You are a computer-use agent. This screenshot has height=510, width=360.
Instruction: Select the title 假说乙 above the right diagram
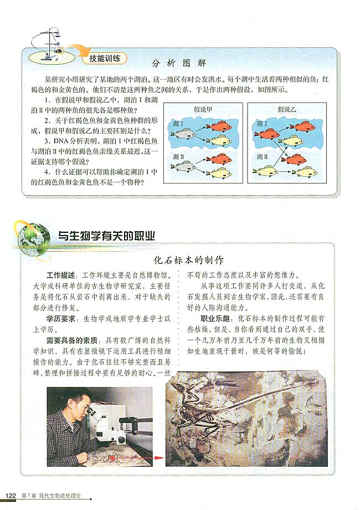point(287,110)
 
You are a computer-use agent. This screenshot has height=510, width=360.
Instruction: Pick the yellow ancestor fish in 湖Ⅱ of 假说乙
point(265,170)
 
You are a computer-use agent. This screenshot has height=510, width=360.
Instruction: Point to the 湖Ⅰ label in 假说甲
point(178,123)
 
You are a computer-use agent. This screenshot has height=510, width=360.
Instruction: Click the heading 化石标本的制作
point(188,259)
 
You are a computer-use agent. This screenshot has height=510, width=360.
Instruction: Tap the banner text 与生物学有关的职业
point(106,235)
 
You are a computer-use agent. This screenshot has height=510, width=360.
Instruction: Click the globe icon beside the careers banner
point(35,235)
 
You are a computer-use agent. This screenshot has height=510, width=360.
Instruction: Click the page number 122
point(11,494)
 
